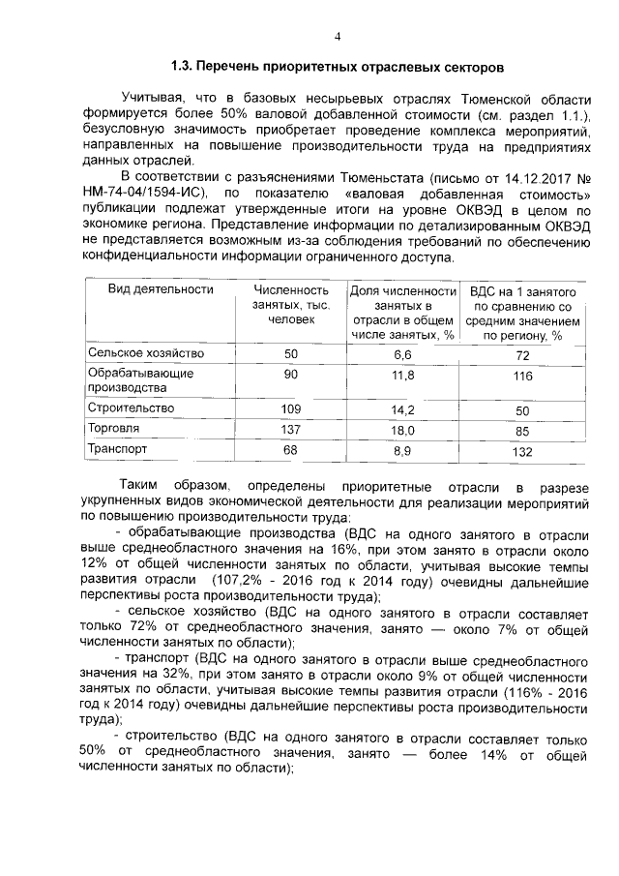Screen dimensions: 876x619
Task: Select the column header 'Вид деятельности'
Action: [146, 289]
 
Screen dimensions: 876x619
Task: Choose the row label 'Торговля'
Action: [113, 428]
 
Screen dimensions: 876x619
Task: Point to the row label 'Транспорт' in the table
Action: [118, 450]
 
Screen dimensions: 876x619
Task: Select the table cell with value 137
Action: [291, 429]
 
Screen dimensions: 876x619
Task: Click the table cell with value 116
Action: [523, 377]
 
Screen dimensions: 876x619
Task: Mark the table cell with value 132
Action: [523, 451]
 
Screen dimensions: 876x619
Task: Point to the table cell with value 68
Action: [291, 451]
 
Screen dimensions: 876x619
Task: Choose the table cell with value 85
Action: [523, 429]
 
